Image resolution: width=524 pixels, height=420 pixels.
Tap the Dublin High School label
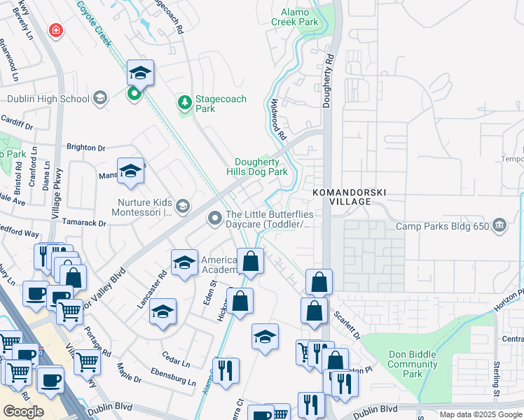[46, 99]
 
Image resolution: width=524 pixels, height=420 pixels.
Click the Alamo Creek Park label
[299, 17]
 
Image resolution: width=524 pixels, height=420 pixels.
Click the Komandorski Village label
[350, 197]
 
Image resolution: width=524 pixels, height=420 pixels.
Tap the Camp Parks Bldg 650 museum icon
[499, 225]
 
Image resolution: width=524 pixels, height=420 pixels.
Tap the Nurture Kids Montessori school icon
[183, 205]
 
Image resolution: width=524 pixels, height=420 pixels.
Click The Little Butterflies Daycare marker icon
[215, 220]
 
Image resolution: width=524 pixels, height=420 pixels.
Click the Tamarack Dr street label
[82, 223]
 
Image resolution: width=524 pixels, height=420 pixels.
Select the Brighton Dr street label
[85, 148]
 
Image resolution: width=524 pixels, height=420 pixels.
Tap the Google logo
[23, 412]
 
